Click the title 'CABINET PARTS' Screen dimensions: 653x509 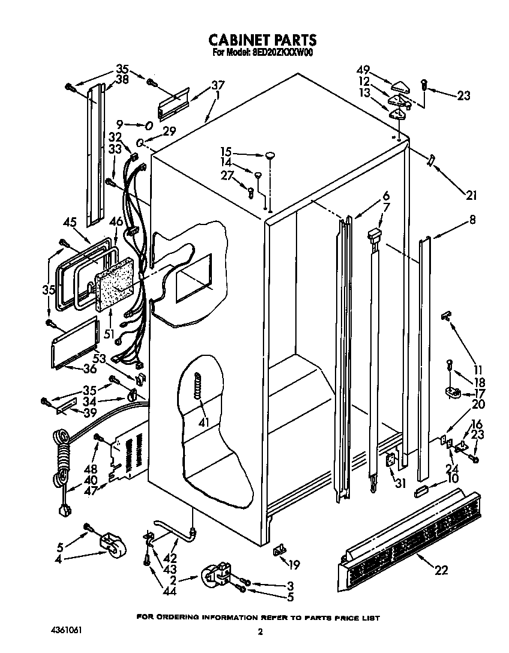[262, 40]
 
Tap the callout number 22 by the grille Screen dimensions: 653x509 [441, 571]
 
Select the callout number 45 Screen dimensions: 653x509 [69, 221]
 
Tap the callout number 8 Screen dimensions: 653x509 [472, 220]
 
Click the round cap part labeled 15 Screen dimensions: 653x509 [270, 155]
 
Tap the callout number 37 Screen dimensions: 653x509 [217, 85]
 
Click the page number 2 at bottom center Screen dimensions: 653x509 [260, 631]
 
